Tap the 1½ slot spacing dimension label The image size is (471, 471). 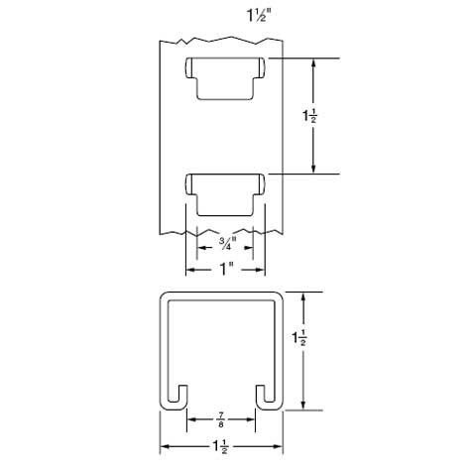tap(309, 117)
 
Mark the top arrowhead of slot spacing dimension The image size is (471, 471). tap(314, 61)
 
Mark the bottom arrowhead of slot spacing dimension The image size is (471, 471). tap(314, 172)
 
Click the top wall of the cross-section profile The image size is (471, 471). tap(223, 294)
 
